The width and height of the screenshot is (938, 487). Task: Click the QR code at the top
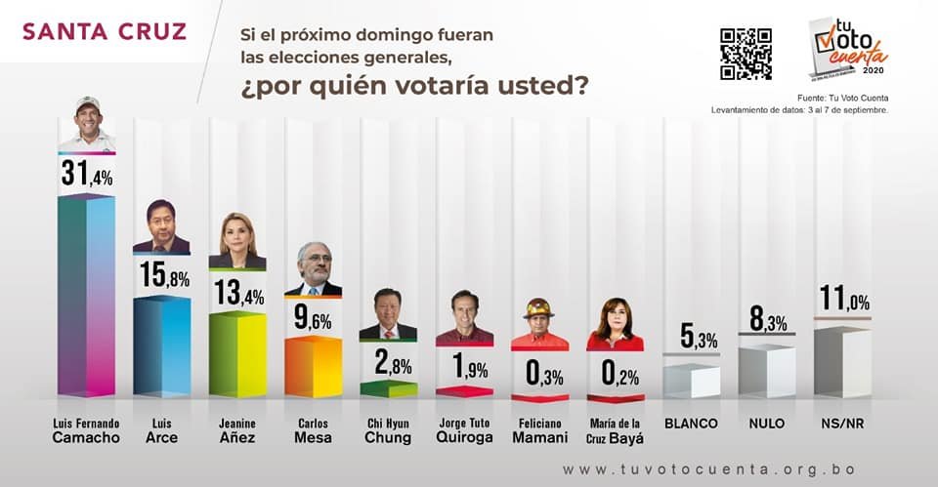(x=746, y=55)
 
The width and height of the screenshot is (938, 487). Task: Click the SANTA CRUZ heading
(x=104, y=31)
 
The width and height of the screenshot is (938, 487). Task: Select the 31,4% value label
(x=86, y=174)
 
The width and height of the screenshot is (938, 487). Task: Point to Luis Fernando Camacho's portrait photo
(x=86, y=124)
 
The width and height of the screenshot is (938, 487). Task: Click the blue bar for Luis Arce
(x=161, y=345)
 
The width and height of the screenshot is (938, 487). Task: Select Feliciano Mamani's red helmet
(x=537, y=308)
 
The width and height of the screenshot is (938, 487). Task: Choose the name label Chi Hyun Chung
(x=388, y=430)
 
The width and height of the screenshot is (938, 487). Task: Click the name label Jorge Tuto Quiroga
(x=463, y=430)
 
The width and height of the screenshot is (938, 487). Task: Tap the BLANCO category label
(x=691, y=424)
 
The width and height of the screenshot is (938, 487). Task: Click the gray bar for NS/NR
(x=841, y=362)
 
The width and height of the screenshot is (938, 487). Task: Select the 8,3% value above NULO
(x=766, y=318)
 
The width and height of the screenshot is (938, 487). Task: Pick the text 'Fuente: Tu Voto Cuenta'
(x=842, y=97)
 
